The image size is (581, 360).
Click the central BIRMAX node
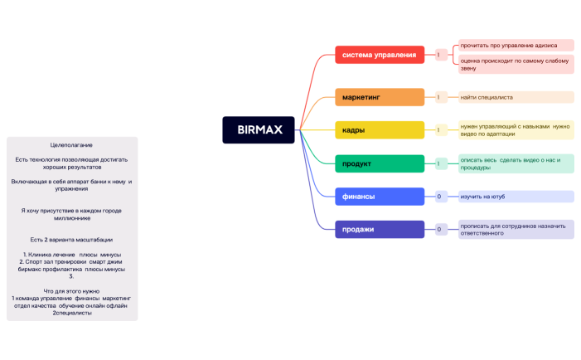point(259,130)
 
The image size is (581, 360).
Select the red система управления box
point(379,55)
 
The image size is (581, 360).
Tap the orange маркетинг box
point(379,97)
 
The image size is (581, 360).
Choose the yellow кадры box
point(379,130)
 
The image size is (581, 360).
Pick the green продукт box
point(379,163)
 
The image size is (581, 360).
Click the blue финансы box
point(379,197)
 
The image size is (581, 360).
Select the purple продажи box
point(379,229)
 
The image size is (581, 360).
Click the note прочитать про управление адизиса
point(514,45)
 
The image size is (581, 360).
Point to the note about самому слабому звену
point(514,64)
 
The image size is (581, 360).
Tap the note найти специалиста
point(514,97)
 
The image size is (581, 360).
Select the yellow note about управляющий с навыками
point(514,129)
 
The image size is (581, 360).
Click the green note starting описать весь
point(514,163)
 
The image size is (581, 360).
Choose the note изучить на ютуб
point(514,197)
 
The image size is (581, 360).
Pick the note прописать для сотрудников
point(514,229)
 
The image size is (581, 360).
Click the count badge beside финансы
point(439,197)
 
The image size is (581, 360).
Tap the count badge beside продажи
point(439,229)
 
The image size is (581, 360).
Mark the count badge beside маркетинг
point(439,97)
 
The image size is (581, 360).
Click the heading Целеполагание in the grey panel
point(71,144)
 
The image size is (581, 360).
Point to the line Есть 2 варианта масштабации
point(71,240)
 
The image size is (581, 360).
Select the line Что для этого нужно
point(71,291)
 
